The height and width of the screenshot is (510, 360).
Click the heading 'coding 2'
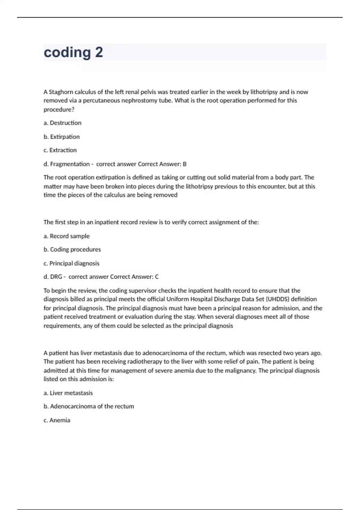point(73,52)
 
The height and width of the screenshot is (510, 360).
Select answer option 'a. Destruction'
point(62,123)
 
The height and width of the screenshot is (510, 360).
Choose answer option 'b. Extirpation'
point(61,137)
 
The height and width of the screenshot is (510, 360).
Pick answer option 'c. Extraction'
point(60,150)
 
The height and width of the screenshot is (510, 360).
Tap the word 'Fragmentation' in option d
point(70,164)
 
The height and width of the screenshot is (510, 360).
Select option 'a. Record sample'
point(67,236)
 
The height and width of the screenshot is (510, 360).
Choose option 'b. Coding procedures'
point(72,250)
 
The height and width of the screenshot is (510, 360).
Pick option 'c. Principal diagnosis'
point(71,263)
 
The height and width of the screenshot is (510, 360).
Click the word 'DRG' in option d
point(56,277)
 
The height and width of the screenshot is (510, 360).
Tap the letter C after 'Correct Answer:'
point(157,277)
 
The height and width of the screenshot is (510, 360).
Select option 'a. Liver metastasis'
point(68,393)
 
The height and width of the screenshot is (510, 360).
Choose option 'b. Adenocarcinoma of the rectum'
point(89,406)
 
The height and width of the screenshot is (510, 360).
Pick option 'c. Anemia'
point(57,420)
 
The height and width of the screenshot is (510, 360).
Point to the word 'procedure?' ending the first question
point(59,109)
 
